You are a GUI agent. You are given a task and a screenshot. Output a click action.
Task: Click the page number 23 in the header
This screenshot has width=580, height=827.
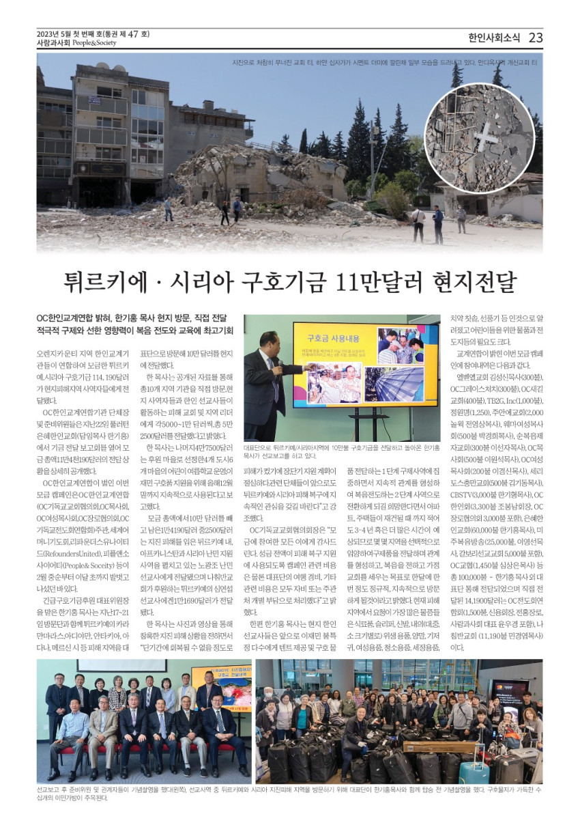[x=536, y=38]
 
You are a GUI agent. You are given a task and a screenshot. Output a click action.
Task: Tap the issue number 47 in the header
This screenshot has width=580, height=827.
[x=134, y=33]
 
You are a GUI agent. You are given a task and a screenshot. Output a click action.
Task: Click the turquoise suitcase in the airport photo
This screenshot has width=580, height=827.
[x=474, y=770]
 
